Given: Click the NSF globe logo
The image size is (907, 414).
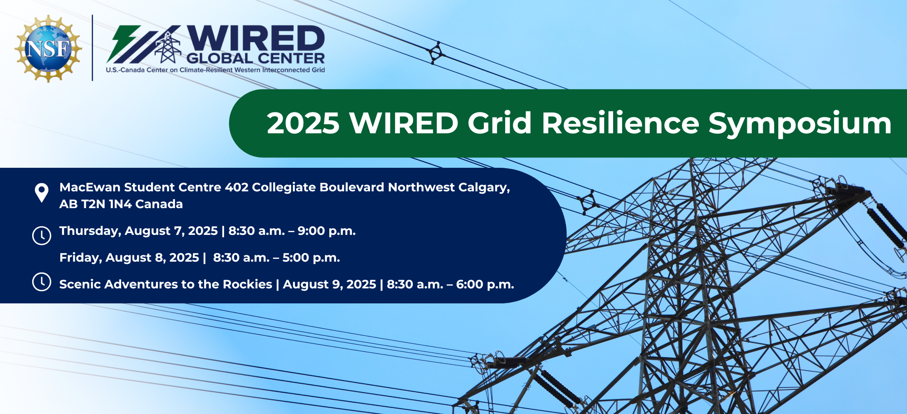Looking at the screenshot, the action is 49,49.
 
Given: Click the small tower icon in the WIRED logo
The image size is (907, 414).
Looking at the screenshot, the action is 168,47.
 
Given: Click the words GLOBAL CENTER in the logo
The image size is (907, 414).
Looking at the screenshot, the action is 256,58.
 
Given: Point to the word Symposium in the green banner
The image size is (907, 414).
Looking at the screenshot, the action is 800,124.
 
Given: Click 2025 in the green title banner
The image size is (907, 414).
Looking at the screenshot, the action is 303,123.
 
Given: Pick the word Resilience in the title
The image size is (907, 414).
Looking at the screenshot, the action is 620,123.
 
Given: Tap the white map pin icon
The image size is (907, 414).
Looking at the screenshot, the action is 42,193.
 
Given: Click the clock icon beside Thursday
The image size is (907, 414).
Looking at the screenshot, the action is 42,235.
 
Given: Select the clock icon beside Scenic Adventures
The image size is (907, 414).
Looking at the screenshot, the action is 42,282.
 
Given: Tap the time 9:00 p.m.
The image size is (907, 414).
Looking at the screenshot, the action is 327,231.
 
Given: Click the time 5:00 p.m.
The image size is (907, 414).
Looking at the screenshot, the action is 311,258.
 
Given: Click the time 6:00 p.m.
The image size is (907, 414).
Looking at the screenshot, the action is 485,285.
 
